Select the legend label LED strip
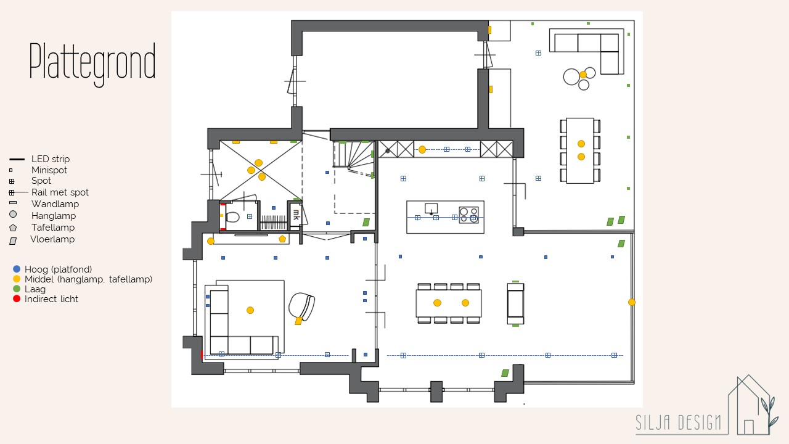51,159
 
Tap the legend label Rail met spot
60,192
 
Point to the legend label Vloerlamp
52,239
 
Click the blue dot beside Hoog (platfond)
17,269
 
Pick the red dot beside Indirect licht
17,299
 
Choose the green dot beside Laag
17,289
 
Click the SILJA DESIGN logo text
678,422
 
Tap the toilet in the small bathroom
232,216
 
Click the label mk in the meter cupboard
296,215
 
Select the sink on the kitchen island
431,208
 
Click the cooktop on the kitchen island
469,215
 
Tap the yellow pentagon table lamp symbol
282,239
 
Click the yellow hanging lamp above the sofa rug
250,310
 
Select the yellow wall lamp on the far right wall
632,302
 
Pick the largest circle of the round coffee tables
571,77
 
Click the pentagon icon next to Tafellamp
13,228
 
